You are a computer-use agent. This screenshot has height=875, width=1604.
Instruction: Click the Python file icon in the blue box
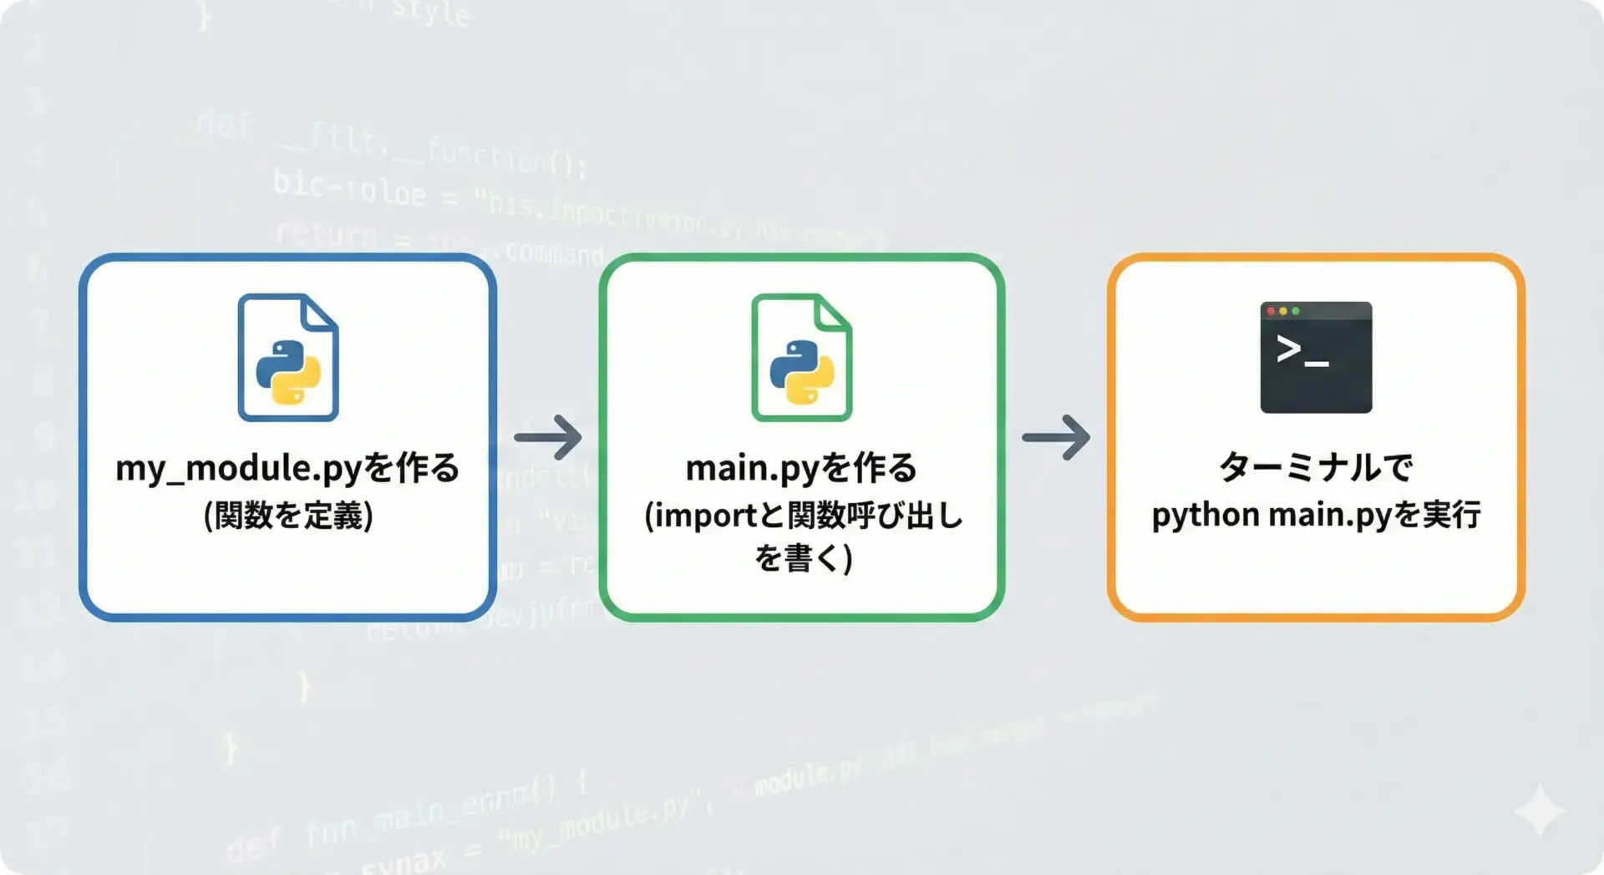click(288, 357)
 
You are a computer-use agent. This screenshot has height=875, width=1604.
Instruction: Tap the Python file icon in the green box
click(802, 357)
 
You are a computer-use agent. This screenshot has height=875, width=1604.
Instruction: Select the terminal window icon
click(1316, 357)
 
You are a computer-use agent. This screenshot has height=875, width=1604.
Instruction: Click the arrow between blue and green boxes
click(548, 437)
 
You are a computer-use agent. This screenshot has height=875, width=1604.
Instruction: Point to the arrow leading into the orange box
click(1056, 437)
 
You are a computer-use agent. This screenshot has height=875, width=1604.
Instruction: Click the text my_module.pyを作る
click(287, 468)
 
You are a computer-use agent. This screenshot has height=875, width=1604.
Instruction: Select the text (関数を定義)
click(288, 515)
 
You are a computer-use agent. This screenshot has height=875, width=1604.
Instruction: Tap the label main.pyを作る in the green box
click(801, 468)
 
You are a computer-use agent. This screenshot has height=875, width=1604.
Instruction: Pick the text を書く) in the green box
click(803, 557)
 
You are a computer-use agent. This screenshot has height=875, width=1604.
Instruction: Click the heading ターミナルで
click(1316, 466)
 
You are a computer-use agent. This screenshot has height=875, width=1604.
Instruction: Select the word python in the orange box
click(1206, 516)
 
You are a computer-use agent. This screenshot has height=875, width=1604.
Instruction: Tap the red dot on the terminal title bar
click(1272, 311)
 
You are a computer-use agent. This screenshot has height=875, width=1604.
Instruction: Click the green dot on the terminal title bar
click(1296, 311)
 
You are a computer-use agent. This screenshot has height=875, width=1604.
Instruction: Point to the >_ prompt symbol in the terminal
click(1302, 351)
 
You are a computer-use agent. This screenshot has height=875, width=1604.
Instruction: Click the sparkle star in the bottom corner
click(1540, 811)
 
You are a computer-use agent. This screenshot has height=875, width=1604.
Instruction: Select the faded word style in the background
click(430, 13)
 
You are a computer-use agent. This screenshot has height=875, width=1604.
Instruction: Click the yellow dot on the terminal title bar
click(1283, 311)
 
